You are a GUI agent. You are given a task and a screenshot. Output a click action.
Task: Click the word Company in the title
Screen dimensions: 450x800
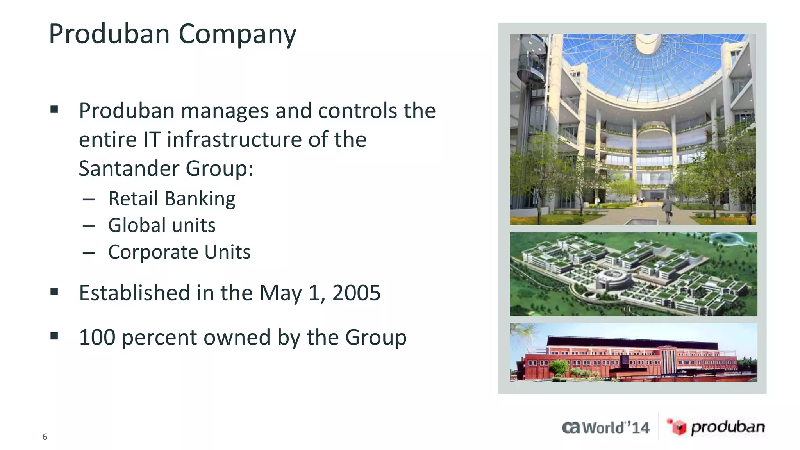click(237, 34)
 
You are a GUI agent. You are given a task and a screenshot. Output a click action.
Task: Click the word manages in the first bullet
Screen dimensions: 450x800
click(225, 111)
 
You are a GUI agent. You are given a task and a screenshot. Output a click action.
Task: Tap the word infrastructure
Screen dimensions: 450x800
click(234, 140)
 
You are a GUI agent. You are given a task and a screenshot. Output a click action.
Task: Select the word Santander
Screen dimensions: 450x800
click(129, 169)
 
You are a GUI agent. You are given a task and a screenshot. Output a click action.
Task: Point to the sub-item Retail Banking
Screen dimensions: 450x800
click(171, 199)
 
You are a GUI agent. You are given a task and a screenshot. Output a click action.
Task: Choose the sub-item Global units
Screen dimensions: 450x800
click(162, 226)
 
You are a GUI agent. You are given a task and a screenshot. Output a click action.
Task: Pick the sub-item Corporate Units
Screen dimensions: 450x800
click(179, 252)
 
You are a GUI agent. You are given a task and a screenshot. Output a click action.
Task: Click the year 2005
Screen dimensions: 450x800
click(356, 293)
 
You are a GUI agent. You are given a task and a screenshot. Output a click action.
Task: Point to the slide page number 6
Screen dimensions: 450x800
click(45, 437)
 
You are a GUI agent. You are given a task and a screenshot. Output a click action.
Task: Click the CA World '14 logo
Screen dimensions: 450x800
click(605, 428)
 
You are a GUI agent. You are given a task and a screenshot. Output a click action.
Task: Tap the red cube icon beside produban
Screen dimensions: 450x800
click(677, 427)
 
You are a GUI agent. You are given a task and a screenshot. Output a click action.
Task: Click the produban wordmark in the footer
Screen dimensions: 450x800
click(727, 427)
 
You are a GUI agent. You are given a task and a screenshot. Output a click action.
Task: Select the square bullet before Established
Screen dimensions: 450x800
click(54, 292)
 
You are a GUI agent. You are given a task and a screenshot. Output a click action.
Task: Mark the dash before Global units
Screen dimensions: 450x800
click(89, 226)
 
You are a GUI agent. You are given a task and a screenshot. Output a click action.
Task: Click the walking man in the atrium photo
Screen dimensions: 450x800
click(667, 209)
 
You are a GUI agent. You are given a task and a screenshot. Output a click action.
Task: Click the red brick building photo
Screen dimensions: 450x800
click(633, 352)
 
